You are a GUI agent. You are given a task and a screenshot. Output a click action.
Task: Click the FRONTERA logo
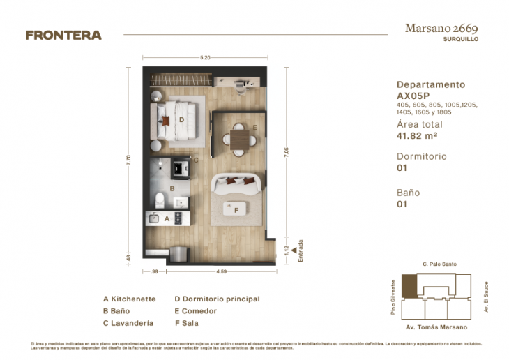coord(63,36)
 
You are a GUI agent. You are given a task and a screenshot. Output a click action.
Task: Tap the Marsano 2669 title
coord(441,28)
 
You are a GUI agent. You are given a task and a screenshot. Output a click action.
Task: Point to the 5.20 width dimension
coord(205,57)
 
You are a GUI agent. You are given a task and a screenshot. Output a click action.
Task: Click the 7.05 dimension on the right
coord(286,152)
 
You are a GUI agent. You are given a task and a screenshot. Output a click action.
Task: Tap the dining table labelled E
coord(239,137)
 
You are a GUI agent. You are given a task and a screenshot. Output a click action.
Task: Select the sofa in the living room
coord(237,183)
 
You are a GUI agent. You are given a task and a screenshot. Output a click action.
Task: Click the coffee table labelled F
coord(237,209)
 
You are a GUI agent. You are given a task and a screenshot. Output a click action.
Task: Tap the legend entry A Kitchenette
coord(129,299)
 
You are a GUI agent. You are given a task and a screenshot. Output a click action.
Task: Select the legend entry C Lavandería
coord(130,323)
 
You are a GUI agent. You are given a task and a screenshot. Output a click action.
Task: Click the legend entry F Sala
coord(186,323)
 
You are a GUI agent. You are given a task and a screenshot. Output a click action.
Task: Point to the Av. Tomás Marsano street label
coord(435,327)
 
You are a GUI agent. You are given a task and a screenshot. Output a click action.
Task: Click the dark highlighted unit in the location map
coord(410,286)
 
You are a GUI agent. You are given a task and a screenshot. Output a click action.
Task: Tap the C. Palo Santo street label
coord(435,264)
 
